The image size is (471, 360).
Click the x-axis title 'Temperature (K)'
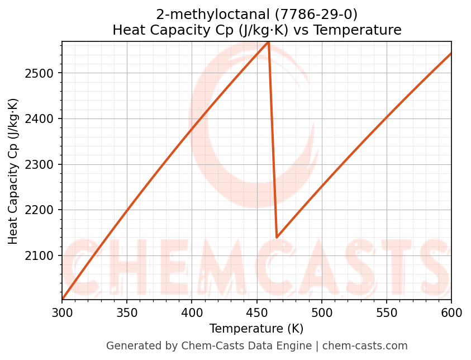256,329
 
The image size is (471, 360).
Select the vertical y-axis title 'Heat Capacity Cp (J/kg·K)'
13,171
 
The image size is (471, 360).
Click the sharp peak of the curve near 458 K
269,42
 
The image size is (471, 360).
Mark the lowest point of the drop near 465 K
277,237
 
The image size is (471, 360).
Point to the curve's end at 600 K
451,54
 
